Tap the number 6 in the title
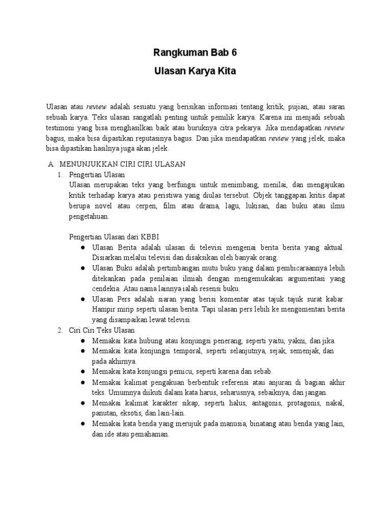pos(234,53)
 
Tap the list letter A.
pos(50,164)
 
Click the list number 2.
pos(60,330)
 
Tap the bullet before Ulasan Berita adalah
pos(82,247)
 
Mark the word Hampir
pos(104,309)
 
